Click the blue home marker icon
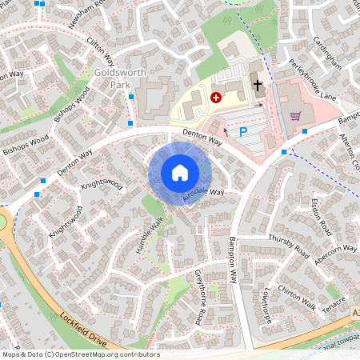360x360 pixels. [x=180, y=173]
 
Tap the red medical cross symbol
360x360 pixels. [x=214, y=97]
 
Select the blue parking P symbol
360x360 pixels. [x=243, y=131]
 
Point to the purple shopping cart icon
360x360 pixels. [x=296, y=116]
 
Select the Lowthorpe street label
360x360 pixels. [x=266, y=307]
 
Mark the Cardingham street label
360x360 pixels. [x=328, y=52]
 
